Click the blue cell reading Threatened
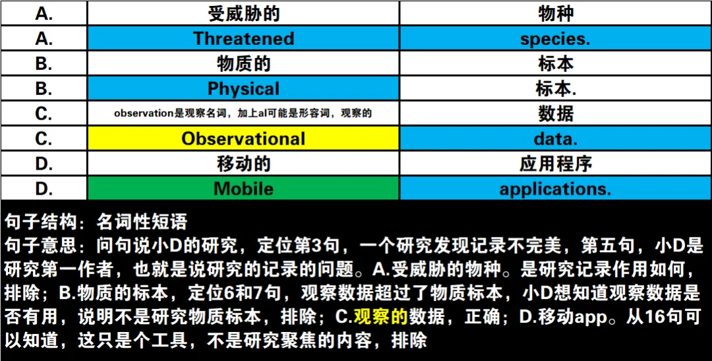243,38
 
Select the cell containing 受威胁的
243,13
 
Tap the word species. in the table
555,38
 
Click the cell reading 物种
555,13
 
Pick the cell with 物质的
243,63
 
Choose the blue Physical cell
243,88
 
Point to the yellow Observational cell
243,139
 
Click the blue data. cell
555,139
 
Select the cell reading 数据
555,114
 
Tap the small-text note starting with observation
243,114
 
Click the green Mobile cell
243,189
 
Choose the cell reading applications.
555,189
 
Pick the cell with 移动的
243,164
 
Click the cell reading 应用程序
555,164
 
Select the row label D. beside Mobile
44,189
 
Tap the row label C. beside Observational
44,139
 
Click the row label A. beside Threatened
44,38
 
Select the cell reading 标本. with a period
555,88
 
